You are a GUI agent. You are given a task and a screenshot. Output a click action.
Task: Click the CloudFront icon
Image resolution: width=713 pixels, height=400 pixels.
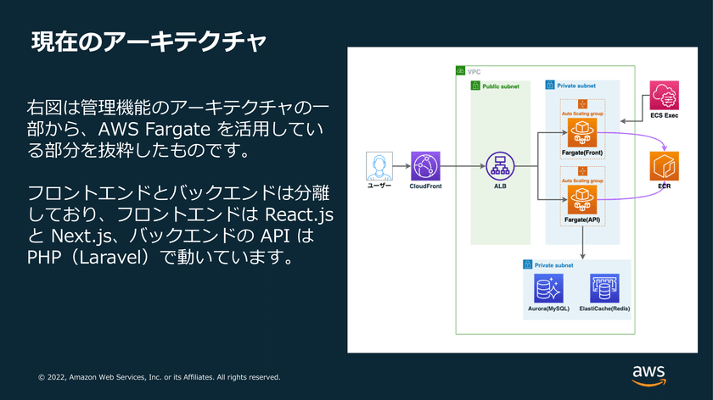click(x=425, y=166)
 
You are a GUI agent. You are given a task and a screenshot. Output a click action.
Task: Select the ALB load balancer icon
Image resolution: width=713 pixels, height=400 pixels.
click(x=500, y=166)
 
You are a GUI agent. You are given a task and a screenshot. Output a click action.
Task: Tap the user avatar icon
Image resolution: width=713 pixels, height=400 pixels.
click(x=379, y=166)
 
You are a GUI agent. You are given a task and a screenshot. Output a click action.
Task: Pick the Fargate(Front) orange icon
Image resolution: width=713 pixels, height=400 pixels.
click(x=582, y=133)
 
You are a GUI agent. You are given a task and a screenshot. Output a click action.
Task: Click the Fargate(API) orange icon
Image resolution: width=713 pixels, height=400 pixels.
click(x=582, y=200)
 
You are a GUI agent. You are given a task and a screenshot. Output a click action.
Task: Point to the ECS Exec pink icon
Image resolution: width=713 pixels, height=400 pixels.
click(x=665, y=96)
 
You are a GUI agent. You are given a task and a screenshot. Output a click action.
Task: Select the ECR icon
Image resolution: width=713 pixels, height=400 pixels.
click(x=665, y=166)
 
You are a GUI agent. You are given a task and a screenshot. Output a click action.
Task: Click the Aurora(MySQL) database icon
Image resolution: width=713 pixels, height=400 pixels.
click(x=548, y=288)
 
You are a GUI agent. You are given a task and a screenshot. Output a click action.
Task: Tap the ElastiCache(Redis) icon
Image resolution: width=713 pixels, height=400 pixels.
click(x=604, y=288)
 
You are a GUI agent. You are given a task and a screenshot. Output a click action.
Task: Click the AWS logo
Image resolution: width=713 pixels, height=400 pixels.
click(x=648, y=375)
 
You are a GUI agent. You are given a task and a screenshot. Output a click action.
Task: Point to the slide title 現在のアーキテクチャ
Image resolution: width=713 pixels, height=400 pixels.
click(x=149, y=42)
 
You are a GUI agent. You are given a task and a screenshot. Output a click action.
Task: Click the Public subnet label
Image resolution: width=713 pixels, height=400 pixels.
click(x=501, y=86)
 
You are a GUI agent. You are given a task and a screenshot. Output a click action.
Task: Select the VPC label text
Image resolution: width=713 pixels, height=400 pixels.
click(x=474, y=72)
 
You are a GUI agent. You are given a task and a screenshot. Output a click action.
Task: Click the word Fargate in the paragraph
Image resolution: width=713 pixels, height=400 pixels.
click(x=177, y=130)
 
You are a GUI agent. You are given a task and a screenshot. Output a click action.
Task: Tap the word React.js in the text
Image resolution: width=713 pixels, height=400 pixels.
click(x=299, y=214)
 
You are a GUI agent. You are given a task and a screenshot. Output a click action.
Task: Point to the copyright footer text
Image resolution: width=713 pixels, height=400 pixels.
click(x=160, y=377)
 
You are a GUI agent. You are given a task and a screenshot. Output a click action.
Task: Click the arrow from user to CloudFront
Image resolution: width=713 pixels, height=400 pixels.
click(x=401, y=166)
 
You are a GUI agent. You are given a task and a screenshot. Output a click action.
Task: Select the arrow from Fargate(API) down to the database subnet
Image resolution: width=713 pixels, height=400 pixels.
click(x=582, y=242)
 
